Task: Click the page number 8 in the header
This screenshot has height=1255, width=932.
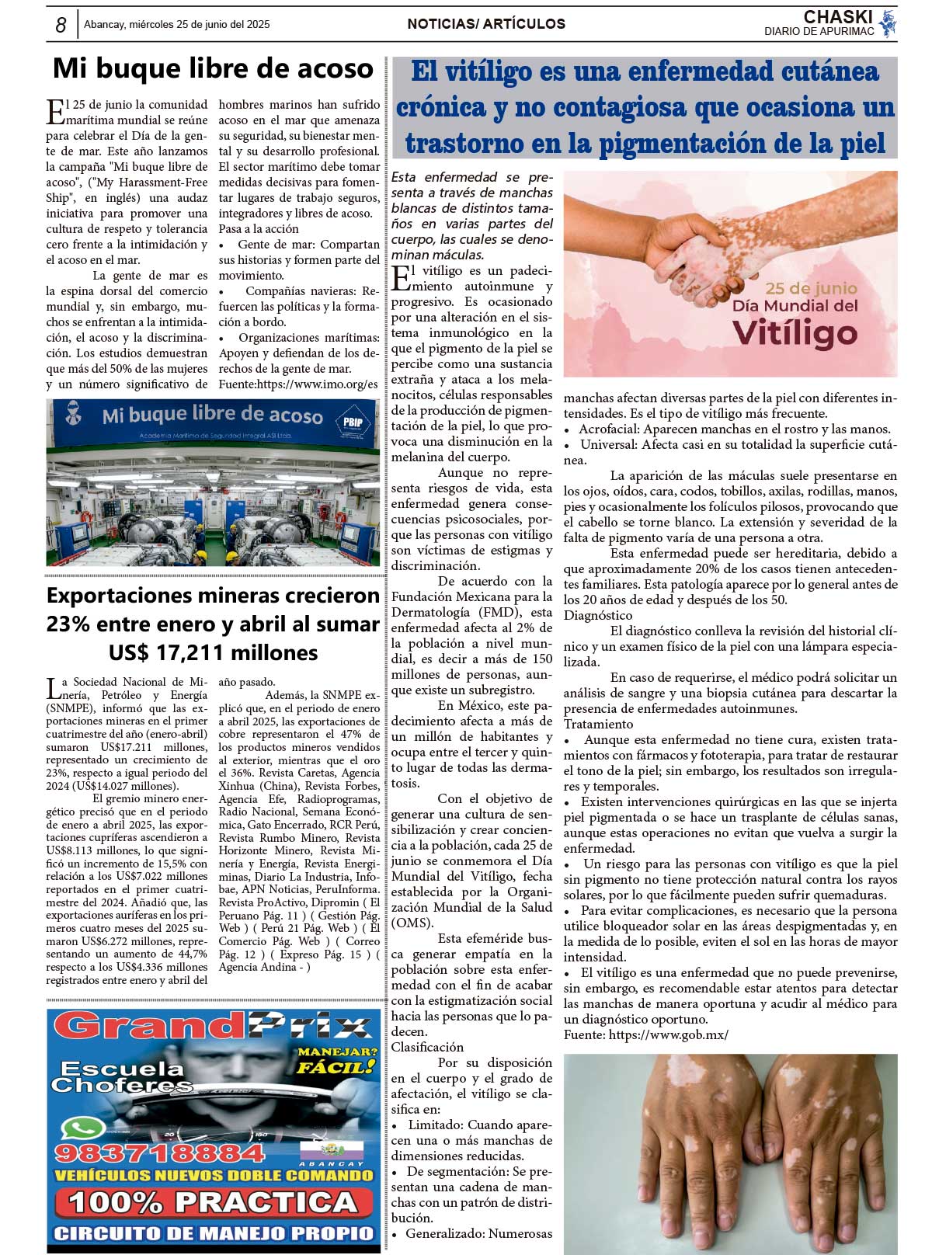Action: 61,25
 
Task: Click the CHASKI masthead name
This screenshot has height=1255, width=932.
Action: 837,17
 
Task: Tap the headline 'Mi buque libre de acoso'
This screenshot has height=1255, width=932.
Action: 213,69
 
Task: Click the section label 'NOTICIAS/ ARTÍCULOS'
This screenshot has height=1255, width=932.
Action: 486,24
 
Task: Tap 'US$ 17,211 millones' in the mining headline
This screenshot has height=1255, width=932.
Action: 213,652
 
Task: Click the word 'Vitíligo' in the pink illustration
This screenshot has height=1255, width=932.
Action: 795,333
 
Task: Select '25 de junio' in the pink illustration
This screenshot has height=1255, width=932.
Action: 811,288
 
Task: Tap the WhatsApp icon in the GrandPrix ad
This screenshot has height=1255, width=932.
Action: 82,1128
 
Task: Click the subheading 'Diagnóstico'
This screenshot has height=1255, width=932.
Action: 598,615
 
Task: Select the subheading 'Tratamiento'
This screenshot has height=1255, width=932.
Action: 598,724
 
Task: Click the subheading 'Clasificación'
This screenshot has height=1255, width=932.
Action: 427,1047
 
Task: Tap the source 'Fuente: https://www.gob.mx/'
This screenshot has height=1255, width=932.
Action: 646,1034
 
